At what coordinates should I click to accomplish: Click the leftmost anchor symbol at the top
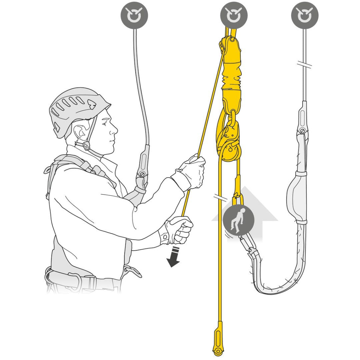pyautogui.click(x=134, y=15)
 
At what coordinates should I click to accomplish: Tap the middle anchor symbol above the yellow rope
pyautogui.click(x=234, y=15)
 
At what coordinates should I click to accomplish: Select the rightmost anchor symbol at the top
pyautogui.click(x=305, y=15)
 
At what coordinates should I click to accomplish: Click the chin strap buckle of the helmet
pyautogui.click(x=86, y=146)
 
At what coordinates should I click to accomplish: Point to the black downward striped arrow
pyautogui.click(x=174, y=258)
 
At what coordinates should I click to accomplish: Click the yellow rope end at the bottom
pyautogui.click(x=218, y=343)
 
